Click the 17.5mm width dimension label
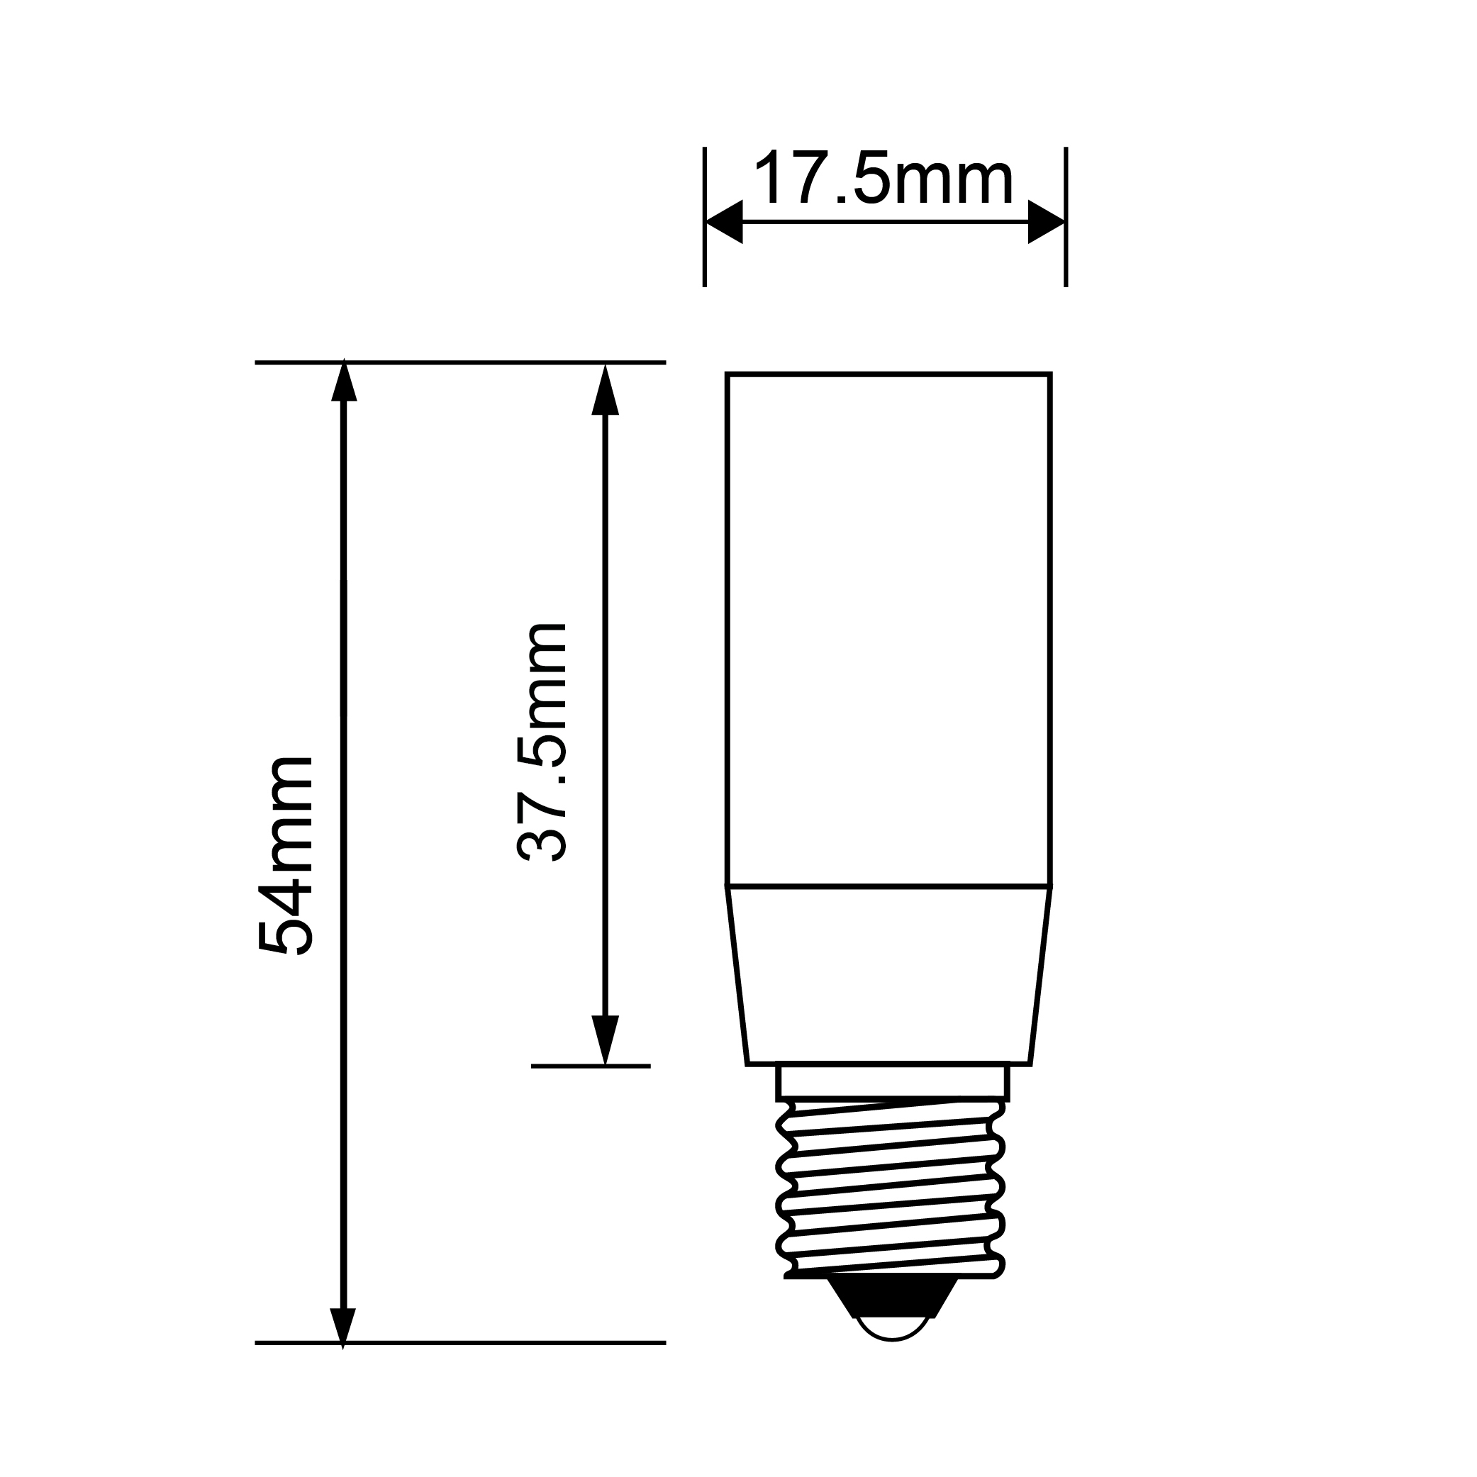pyautogui.click(x=883, y=177)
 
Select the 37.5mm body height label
pyautogui.click(x=542, y=742)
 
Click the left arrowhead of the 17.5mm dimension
pyautogui.click(x=724, y=222)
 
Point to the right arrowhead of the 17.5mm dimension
pyautogui.click(x=1047, y=222)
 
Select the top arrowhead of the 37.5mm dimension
pyautogui.click(x=605, y=389)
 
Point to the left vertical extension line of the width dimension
pyautogui.click(x=704, y=217)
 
